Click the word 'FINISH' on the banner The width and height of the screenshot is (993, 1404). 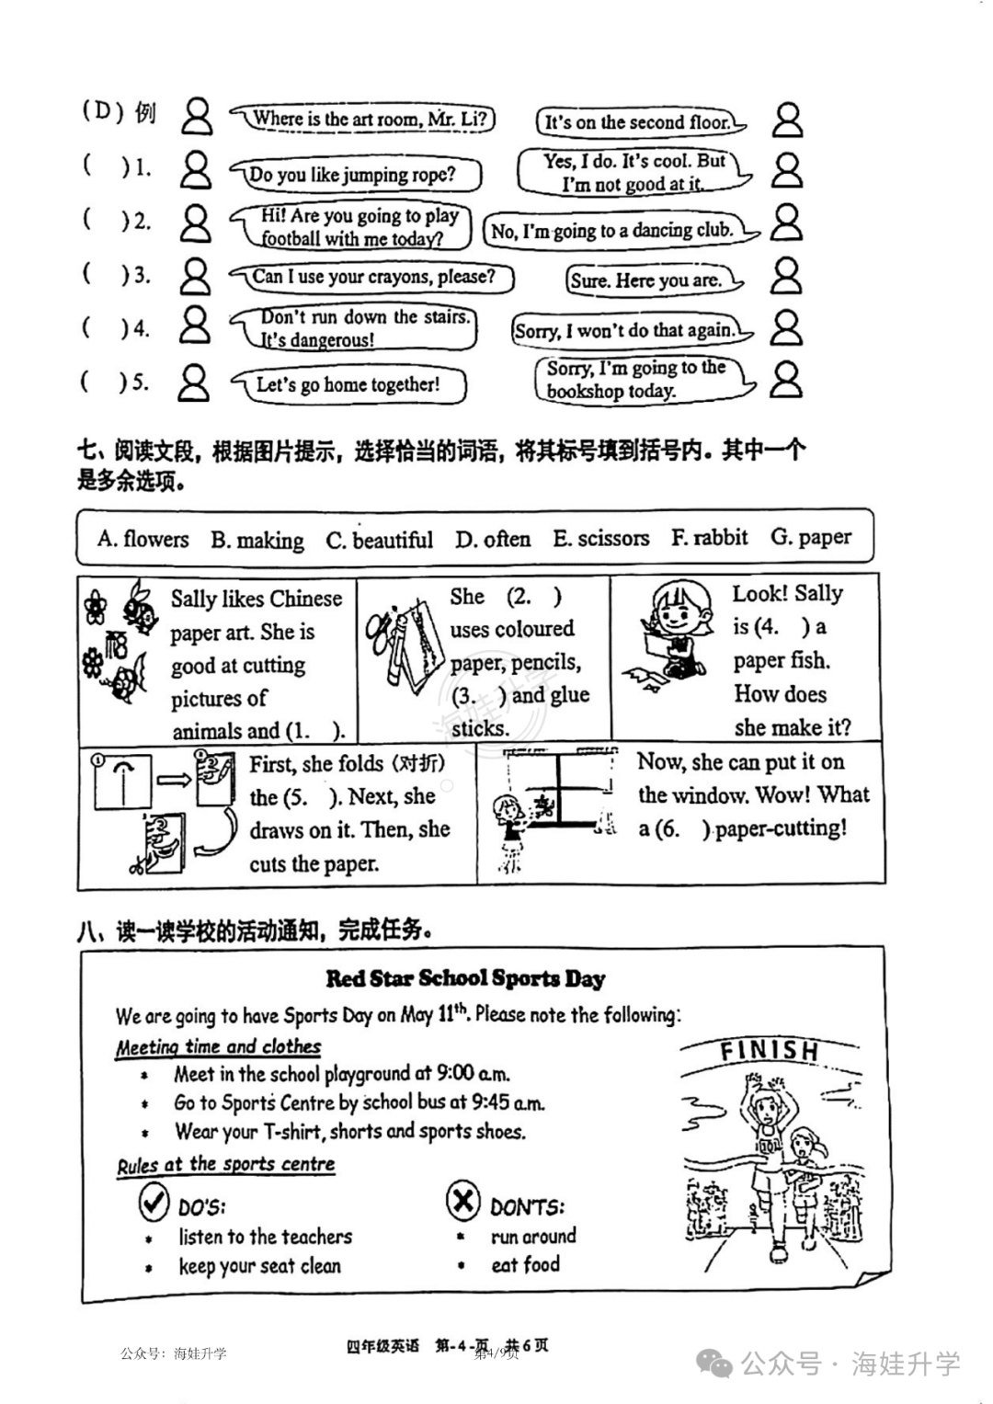[x=770, y=1051]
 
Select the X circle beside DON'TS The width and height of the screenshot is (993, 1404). [x=462, y=1200]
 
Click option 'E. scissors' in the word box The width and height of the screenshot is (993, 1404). [x=600, y=538]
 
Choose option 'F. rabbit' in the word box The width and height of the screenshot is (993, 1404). [x=709, y=537]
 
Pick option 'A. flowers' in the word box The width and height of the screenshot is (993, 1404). [x=143, y=539]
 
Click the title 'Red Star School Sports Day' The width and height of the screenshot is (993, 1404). [x=465, y=978]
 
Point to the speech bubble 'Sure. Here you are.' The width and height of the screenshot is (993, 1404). [x=653, y=280]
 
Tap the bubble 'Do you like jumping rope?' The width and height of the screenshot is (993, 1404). [x=356, y=175]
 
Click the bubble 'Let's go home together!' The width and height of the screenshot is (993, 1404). [x=349, y=384]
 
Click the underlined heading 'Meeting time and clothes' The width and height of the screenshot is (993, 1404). [x=218, y=1046]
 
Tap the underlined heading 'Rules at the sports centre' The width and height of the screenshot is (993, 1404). [x=225, y=1165]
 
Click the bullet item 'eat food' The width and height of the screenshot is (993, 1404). [x=525, y=1265]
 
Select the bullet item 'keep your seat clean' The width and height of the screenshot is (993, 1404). [x=259, y=1265]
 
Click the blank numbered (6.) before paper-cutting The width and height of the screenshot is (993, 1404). [x=683, y=828]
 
